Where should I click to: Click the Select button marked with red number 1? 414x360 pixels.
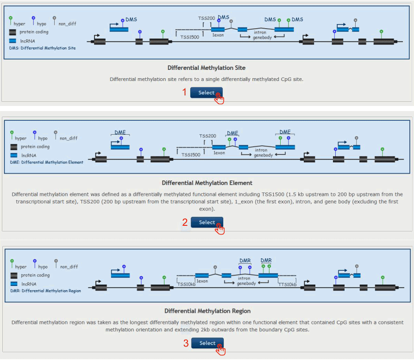[206, 93]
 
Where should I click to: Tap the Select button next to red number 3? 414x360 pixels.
[207, 343]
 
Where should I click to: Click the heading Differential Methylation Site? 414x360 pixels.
[207, 68]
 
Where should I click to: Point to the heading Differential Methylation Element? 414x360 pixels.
[207, 183]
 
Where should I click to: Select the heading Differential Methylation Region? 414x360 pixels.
[207, 311]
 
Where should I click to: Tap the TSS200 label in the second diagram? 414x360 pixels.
[207, 136]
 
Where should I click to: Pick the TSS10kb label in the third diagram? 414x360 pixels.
[187, 284]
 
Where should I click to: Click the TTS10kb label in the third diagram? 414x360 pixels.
[287, 284]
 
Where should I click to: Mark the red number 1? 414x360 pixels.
[185, 92]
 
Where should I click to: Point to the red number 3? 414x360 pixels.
[185, 343]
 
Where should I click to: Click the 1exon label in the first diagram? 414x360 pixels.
[218, 35]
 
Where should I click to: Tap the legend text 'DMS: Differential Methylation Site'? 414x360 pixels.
[43, 48]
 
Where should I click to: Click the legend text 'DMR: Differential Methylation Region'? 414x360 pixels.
[45, 291]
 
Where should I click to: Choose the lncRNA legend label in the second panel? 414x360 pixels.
[28, 155]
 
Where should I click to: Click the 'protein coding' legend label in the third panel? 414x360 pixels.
[35, 275]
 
